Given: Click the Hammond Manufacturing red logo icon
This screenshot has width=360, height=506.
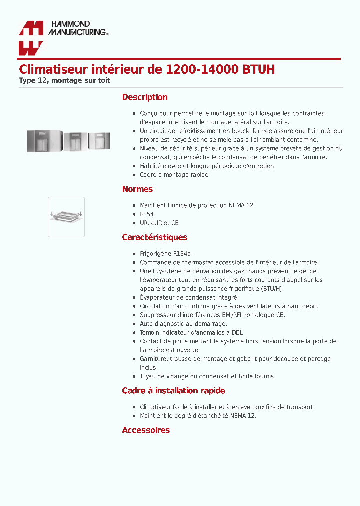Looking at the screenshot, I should (x=31, y=38).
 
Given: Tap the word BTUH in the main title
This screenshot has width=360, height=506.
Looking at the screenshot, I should (x=258, y=69).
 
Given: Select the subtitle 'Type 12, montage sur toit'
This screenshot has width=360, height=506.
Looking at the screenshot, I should (x=64, y=80).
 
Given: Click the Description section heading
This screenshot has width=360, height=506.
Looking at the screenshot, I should (x=145, y=97).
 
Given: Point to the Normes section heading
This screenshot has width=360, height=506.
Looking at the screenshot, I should (x=137, y=189).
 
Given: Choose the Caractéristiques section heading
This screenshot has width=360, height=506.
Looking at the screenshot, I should (x=154, y=237).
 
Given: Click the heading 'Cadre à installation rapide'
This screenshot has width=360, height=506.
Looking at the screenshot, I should (x=173, y=391).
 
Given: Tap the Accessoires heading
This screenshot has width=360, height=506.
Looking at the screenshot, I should (x=146, y=430).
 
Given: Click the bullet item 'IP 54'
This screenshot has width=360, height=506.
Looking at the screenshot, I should (x=147, y=214).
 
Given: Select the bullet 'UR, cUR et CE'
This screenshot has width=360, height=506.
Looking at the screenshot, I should (x=159, y=223).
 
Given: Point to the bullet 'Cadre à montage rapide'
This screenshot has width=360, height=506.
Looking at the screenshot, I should (x=174, y=175).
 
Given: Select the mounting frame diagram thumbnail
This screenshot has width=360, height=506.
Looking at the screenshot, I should (x=66, y=216).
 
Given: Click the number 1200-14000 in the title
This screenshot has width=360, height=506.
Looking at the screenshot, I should (x=198, y=69).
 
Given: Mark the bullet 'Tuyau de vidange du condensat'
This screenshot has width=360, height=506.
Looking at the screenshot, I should (x=207, y=376).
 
